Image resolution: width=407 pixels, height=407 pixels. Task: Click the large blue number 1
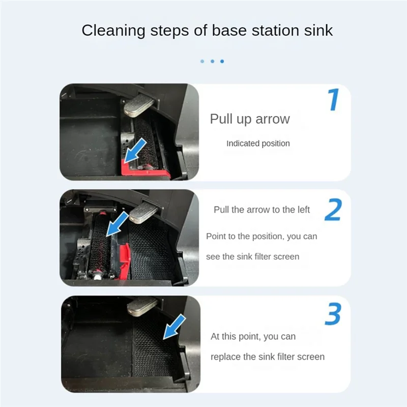click(x=333, y=100)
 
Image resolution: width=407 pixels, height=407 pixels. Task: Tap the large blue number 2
click(x=333, y=210)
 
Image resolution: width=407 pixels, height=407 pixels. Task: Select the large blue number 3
click(x=333, y=315)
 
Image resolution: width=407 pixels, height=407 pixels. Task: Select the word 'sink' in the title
click(x=316, y=30)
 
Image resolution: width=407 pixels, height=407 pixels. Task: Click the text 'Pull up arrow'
click(x=250, y=119)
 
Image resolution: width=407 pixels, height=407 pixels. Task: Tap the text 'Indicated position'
click(x=258, y=143)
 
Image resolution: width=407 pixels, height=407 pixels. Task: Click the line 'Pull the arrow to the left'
click(x=261, y=210)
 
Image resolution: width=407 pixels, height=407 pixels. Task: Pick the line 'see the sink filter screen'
click(x=252, y=256)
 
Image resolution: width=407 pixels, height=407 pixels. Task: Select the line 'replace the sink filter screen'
click(x=267, y=357)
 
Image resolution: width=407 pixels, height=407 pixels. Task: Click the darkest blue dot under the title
click(x=222, y=61)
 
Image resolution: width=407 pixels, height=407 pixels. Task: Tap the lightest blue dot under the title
click(x=202, y=61)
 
